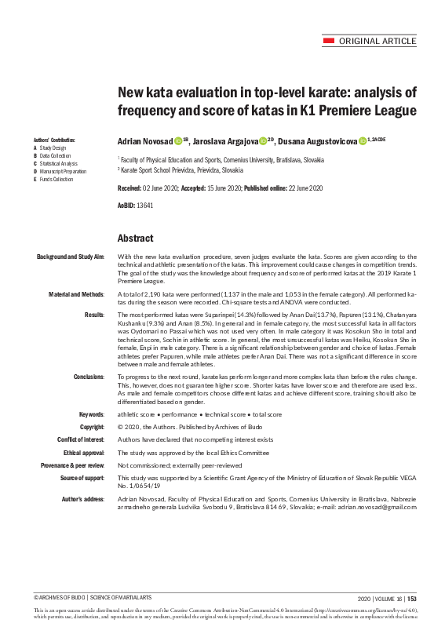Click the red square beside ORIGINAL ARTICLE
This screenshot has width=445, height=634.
point(329,41)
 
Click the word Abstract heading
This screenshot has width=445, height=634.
point(135,239)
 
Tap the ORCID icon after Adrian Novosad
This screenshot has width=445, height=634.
point(177,142)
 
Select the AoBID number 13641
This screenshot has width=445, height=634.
point(145,205)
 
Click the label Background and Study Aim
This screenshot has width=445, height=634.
point(71,257)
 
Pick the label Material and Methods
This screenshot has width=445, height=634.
point(77,293)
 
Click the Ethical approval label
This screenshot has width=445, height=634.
point(84,453)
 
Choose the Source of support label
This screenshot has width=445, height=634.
point(82,477)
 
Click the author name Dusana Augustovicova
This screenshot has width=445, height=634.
point(316,142)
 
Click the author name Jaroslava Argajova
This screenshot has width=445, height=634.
point(223,142)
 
